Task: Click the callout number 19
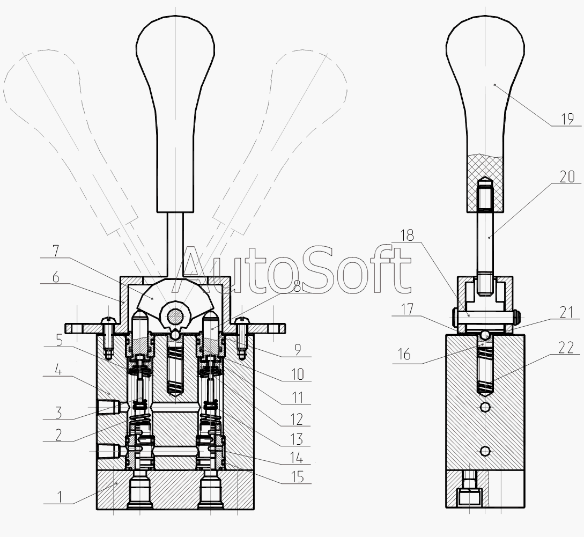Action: [567, 119]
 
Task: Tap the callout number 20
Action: [567, 176]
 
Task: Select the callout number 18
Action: [407, 236]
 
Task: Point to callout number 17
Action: [407, 310]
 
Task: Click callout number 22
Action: [566, 348]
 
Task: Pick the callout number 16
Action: [404, 355]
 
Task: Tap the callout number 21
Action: [566, 312]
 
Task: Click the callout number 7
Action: [56, 251]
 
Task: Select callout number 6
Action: [55, 278]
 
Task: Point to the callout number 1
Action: [59, 497]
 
